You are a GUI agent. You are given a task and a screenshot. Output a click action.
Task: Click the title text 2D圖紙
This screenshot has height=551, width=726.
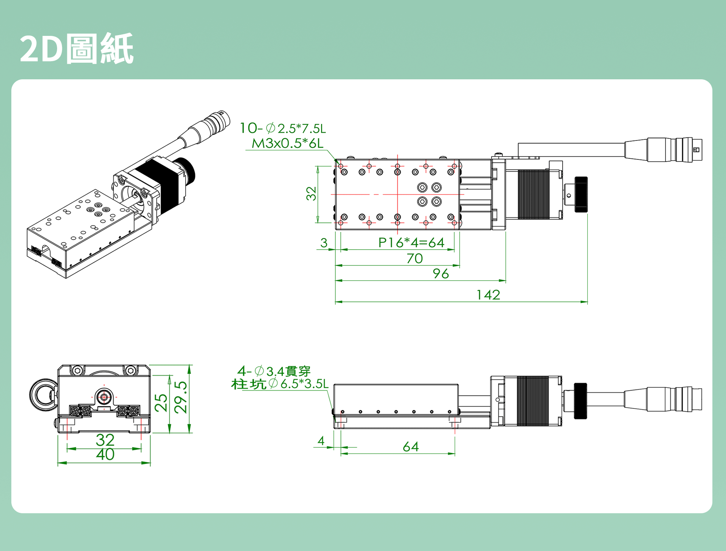click(x=77, y=49)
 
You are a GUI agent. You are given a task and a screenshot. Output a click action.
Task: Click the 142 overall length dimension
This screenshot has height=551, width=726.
click(x=488, y=295)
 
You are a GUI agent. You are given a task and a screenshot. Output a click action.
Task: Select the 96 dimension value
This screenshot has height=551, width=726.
click(x=441, y=274)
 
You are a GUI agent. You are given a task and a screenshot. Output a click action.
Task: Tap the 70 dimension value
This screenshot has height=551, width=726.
click(x=414, y=259)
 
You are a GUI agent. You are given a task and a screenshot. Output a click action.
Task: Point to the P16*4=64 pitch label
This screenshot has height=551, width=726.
click(x=411, y=243)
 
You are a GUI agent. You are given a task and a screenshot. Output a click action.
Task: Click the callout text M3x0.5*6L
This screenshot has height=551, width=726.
click(x=287, y=144)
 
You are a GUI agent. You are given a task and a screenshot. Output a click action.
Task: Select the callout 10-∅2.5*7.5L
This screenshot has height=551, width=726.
click(x=282, y=128)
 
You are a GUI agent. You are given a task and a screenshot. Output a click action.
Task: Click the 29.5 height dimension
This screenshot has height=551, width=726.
click(x=181, y=397)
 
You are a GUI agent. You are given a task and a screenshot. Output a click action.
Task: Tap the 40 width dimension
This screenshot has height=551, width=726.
click(x=105, y=455)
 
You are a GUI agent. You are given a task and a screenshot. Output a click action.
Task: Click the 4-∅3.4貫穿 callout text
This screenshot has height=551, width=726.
click(x=274, y=371)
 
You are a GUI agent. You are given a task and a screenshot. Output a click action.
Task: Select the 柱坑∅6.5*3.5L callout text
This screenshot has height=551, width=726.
click(x=279, y=384)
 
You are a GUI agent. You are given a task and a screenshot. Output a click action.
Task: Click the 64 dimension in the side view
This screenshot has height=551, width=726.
click(x=411, y=447)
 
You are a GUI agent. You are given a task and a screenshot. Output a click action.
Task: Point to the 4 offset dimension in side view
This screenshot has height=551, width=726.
click(x=321, y=441)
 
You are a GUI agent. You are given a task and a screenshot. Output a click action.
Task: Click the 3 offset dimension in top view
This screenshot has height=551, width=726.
click(x=324, y=243)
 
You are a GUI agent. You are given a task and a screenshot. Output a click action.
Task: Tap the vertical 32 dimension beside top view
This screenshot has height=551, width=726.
click(x=311, y=193)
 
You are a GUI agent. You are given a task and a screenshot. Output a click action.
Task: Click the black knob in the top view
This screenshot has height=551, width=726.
click(x=581, y=194)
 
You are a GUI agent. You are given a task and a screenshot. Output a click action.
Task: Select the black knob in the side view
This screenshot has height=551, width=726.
click(x=580, y=401)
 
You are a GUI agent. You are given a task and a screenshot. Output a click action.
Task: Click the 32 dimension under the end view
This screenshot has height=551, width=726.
click(x=105, y=440)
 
